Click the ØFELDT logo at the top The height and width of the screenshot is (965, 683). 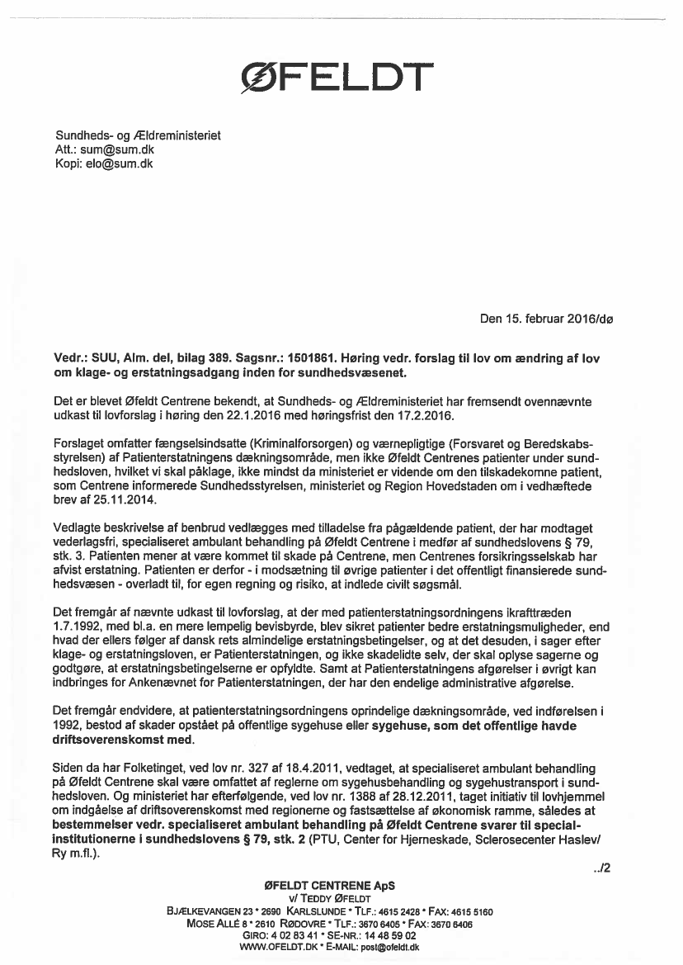coord(335,78)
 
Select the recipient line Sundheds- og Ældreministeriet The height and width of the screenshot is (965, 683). coord(138,135)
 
